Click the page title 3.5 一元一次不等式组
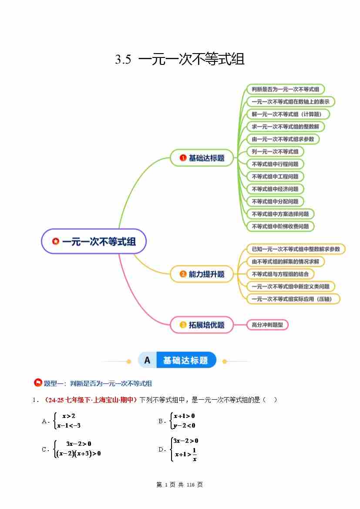click(180, 59)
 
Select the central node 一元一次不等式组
click(94, 241)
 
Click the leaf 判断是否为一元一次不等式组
click(285, 89)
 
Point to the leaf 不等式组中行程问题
click(275, 164)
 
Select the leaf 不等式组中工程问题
click(275, 176)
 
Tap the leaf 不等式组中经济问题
click(275, 189)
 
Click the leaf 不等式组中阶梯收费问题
click(280, 226)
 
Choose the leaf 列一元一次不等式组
click(275, 152)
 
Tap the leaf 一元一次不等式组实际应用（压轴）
click(293, 299)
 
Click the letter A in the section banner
click(147, 360)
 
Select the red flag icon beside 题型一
click(38, 383)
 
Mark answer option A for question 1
click(45, 421)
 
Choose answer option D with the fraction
click(161, 449)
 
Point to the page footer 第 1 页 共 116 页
click(179, 485)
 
